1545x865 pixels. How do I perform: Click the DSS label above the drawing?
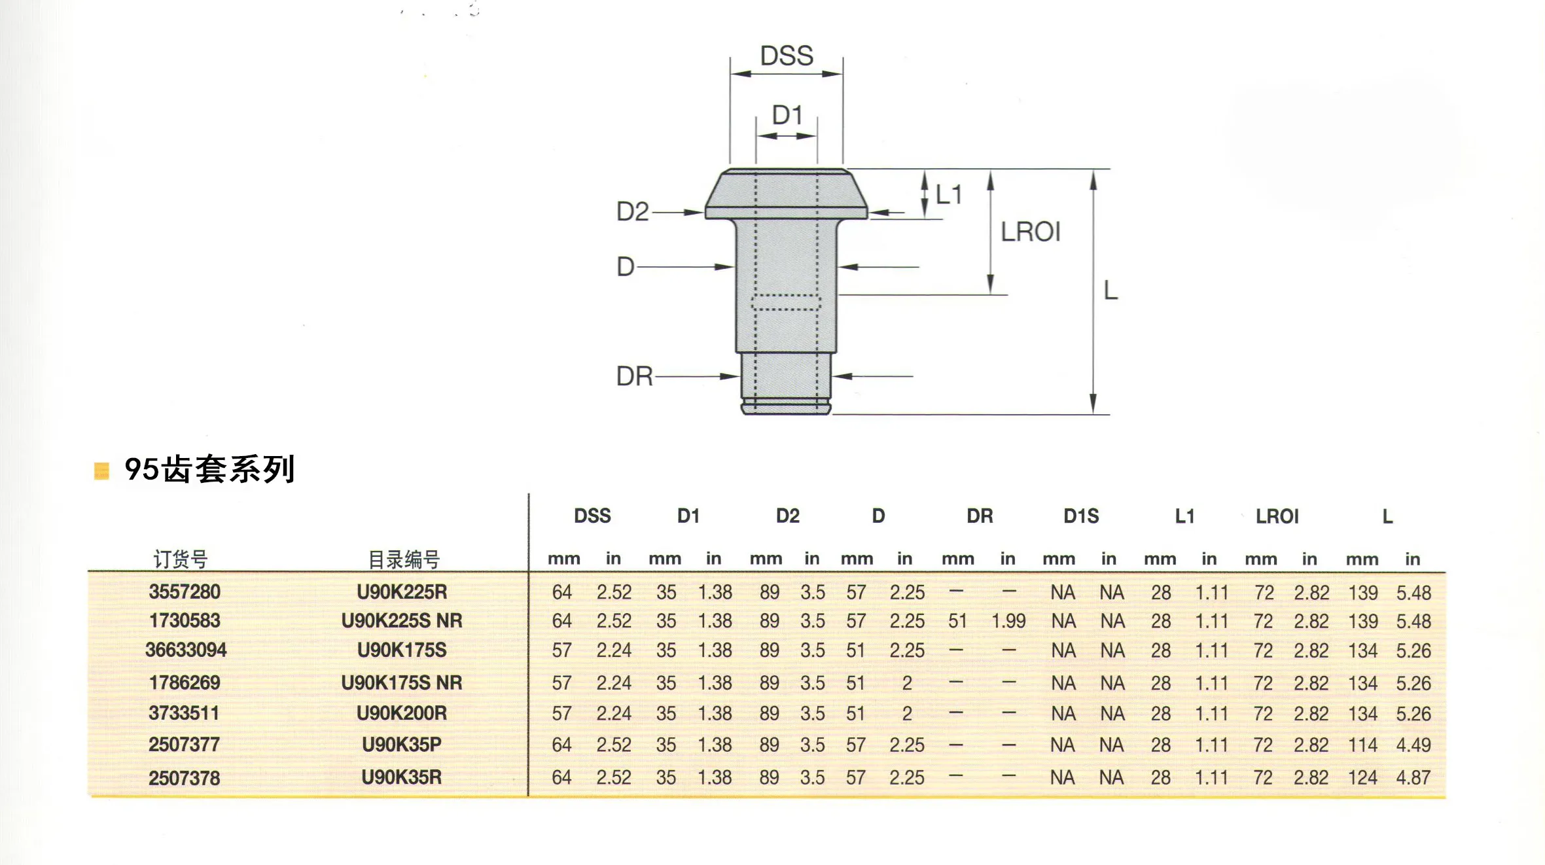tap(787, 56)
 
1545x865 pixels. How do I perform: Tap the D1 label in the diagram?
tap(787, 115)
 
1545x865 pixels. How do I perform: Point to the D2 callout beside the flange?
tap(632, 211)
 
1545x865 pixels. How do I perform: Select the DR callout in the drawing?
tap(635, 376)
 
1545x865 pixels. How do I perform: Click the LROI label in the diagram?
tap(1031, 232)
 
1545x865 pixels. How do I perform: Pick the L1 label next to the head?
tap(948, 194)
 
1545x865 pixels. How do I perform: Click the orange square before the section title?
tap(101, 470)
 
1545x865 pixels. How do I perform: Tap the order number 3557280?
tap(185, 591)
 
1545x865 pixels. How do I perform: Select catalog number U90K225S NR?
tap(402, 620)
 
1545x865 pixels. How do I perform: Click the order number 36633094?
tap(186, 650)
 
